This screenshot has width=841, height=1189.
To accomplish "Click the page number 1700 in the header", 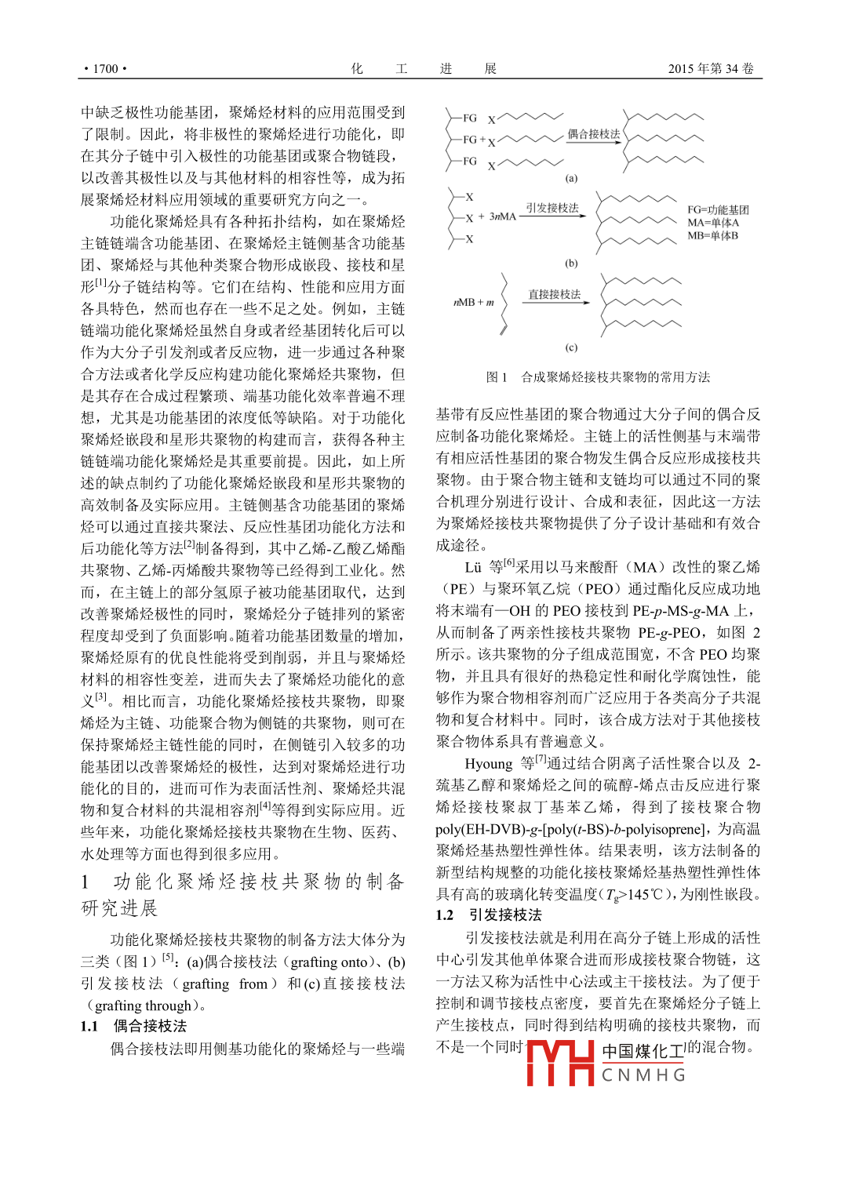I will (106, 69).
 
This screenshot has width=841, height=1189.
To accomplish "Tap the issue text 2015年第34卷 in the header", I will (710, 69).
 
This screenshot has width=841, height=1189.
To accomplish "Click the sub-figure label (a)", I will (571, 178).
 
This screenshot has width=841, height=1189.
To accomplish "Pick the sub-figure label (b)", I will (571, 264).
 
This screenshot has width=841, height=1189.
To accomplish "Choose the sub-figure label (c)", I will (571, 347).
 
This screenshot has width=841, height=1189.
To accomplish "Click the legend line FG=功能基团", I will (718, 210).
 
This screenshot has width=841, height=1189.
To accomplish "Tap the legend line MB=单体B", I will (712, 235).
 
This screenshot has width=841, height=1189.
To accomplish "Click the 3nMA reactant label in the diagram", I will (502, 216).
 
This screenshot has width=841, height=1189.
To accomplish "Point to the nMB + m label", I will (474, 302).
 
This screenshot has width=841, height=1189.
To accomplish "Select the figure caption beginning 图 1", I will (598, 377).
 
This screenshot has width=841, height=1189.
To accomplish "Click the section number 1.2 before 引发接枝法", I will (445, 915).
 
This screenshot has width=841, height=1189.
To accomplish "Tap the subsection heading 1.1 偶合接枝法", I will (133, 1027).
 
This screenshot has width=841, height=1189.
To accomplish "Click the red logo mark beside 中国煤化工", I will (559, 1063).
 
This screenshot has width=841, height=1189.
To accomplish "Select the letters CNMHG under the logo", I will (643, 1075).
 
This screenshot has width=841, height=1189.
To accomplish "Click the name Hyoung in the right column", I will (488, 764).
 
